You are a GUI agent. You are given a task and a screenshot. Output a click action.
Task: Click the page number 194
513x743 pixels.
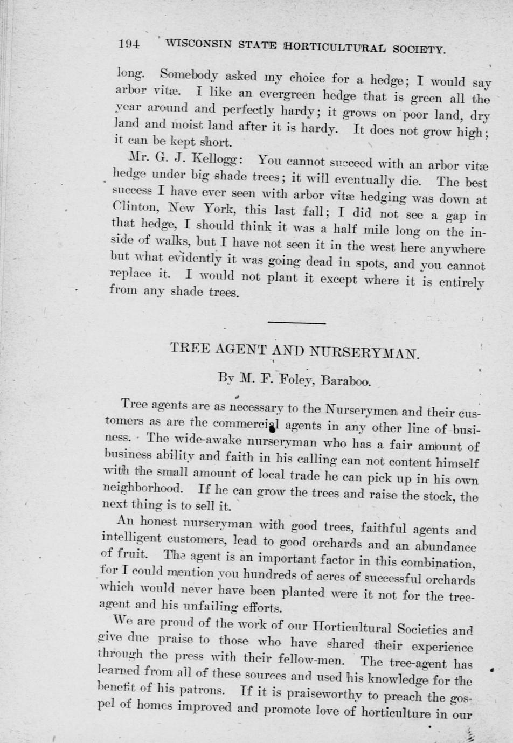(129, 44)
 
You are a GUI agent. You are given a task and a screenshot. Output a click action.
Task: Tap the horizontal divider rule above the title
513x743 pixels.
(296, 323)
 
